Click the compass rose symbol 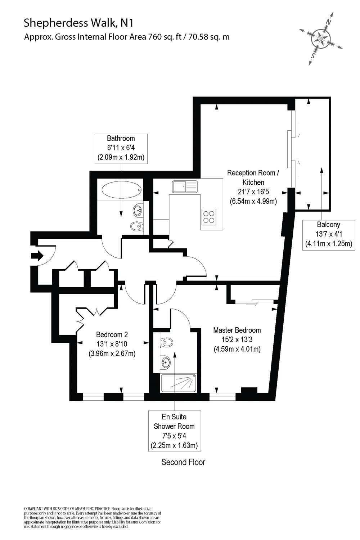point(321,37)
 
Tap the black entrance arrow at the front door point(37,256)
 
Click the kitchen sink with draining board point(185,186)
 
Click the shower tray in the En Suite point(179,383)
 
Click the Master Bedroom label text point(237,330)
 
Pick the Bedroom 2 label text point(112,335)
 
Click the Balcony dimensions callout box point(328,234)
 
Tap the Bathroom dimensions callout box point(121,148)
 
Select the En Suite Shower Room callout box point(174,431)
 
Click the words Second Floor point(183,462)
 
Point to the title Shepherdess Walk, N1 point(79,23)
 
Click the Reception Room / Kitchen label point(253,177)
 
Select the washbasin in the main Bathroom point(138,210)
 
